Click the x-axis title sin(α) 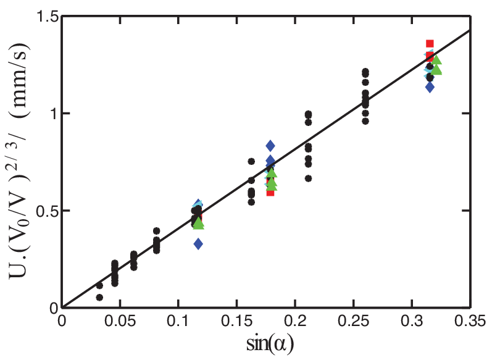(x=270, y=345)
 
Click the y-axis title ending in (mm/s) (x=20, y=159)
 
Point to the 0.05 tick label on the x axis (x=120, y=321)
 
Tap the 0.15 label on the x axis (x=237, y=321)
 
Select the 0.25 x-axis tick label (x=354, y=321)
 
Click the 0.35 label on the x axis (x=470, y=321)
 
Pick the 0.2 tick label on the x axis (x=295, y=321)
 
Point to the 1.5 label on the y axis (x=48, y=16)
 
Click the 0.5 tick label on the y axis (x=47, y=211)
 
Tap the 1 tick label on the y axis (x=54, y=114)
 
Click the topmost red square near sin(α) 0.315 (x=430, y=44)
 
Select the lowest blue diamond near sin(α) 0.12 (x=198, y=244)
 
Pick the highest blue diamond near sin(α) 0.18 (x=270, y=146)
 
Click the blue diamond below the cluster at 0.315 (x=430, y=86)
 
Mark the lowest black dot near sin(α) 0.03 (x=99, y=298)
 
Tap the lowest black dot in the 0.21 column (x=309, y=178)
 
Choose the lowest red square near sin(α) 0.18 (x=270, y=192)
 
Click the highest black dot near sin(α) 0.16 (x=251, y=162)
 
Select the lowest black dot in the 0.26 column (x=365, y=121)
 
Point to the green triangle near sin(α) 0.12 (x=199, y=223)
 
